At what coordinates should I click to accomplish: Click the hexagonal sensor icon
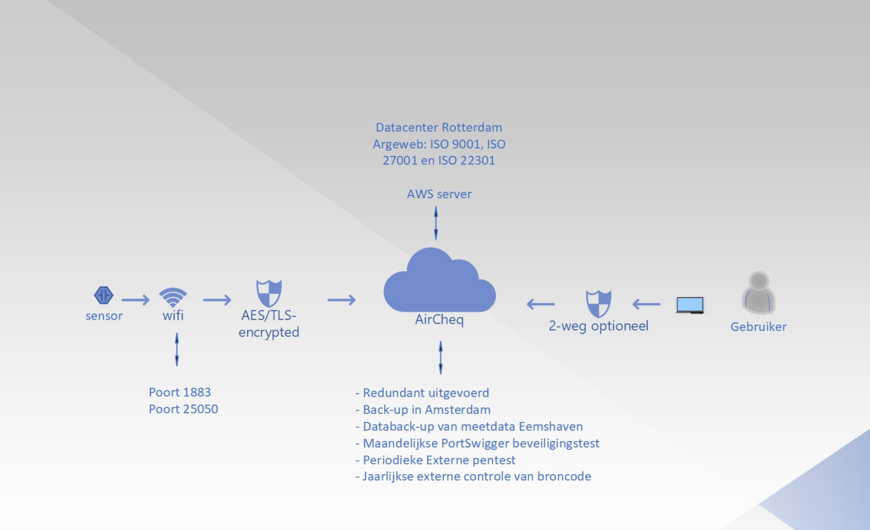pyautogui.click(x=103, y=295)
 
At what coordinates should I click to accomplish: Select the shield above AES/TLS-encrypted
pyautogui.click(x=269, y=293)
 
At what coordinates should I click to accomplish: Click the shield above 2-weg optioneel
pyautogui.click(x=599, y=304)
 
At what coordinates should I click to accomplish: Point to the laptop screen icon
pyautogui.click(x=690, y=305)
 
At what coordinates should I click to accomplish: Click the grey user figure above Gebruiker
pyautogui.click(x=758, y=292)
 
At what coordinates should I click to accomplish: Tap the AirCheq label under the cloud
pyautogui.click(x=439, y=320)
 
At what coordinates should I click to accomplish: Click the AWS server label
pyautogui.click(x=439, y=194)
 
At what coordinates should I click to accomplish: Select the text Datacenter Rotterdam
pyautogui.click(x=439, y=127)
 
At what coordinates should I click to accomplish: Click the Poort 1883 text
pyautogui.click(x=180, y=392)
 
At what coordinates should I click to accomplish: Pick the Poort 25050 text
pyautogui.click(x=183, y=409)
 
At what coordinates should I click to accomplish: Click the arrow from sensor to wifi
pyautogui.click(x=135, y=300)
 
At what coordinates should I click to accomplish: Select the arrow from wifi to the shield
pyautogui.click(x=217, y=300)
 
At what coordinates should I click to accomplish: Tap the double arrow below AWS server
pyautogui.click(x=436, y=223)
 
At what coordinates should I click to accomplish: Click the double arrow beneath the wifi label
pyautogui.click(x=177, y=350)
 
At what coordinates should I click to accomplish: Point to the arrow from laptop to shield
pyautogui.click(x=647, y=304)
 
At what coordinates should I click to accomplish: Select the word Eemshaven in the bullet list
pyautogui.click(x=551, y=426)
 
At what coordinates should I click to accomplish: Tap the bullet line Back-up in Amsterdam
pyautogui.click(x=423, y=409)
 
